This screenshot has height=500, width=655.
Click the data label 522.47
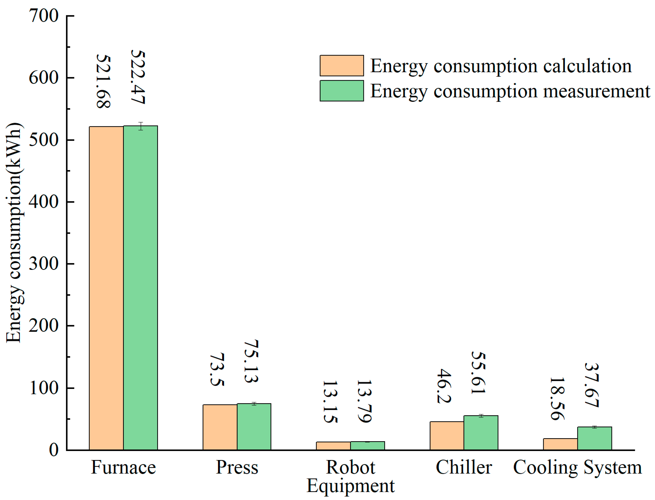pyautogui.click(x=138, y=77)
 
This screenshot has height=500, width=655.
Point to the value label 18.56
pyautogui.click(x=557, y=398)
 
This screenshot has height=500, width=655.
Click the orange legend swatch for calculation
pyautogui.click(x=342, y=66)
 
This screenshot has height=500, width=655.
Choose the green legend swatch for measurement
pyautogui.click(x=342, y=91)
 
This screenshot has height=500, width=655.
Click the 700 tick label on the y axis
pyautogui.click(x=44, y=16)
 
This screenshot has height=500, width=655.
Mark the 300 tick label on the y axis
pyautogui.click(x=44, y=263)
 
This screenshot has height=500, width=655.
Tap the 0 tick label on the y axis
pyautogui.click(x=53, y=450)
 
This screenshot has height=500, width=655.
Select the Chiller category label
pyautogui.click(x=464, y=467)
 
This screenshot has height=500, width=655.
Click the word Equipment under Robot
pyautogui.click(x=350, y=486)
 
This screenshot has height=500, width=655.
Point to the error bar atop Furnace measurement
pyautogui.click(x=140, y=126)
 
